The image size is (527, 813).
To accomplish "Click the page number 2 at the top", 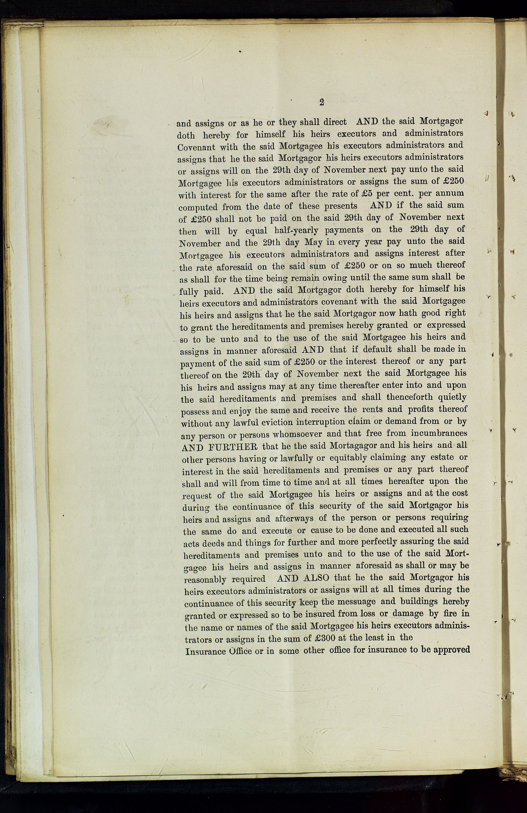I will click(321, 102).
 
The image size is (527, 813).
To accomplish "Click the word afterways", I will click(294, 519).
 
